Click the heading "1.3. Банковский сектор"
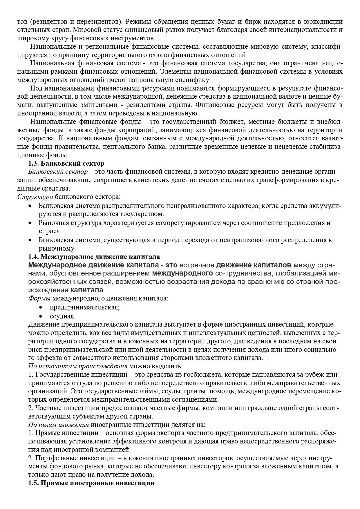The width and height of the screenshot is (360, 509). pyautogui.click(x=66, y=164)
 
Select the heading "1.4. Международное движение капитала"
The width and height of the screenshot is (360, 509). pyautogui.click(x=94, y=257)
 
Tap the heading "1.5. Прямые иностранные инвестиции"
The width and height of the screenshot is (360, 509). pyautogui.click(x=91, y=483)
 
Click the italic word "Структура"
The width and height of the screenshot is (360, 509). pyautogui.click(x=35, y=197)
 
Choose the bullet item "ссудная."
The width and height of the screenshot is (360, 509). pyautogui.click(x=62, y=316)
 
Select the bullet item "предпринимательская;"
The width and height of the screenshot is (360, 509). pyautogui.click(x=85, y=307)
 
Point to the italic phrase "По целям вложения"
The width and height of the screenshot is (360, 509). pyautogui.click(x=59, y=425)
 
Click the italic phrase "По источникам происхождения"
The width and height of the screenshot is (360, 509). pyautogui.click(x=78, y=366)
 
